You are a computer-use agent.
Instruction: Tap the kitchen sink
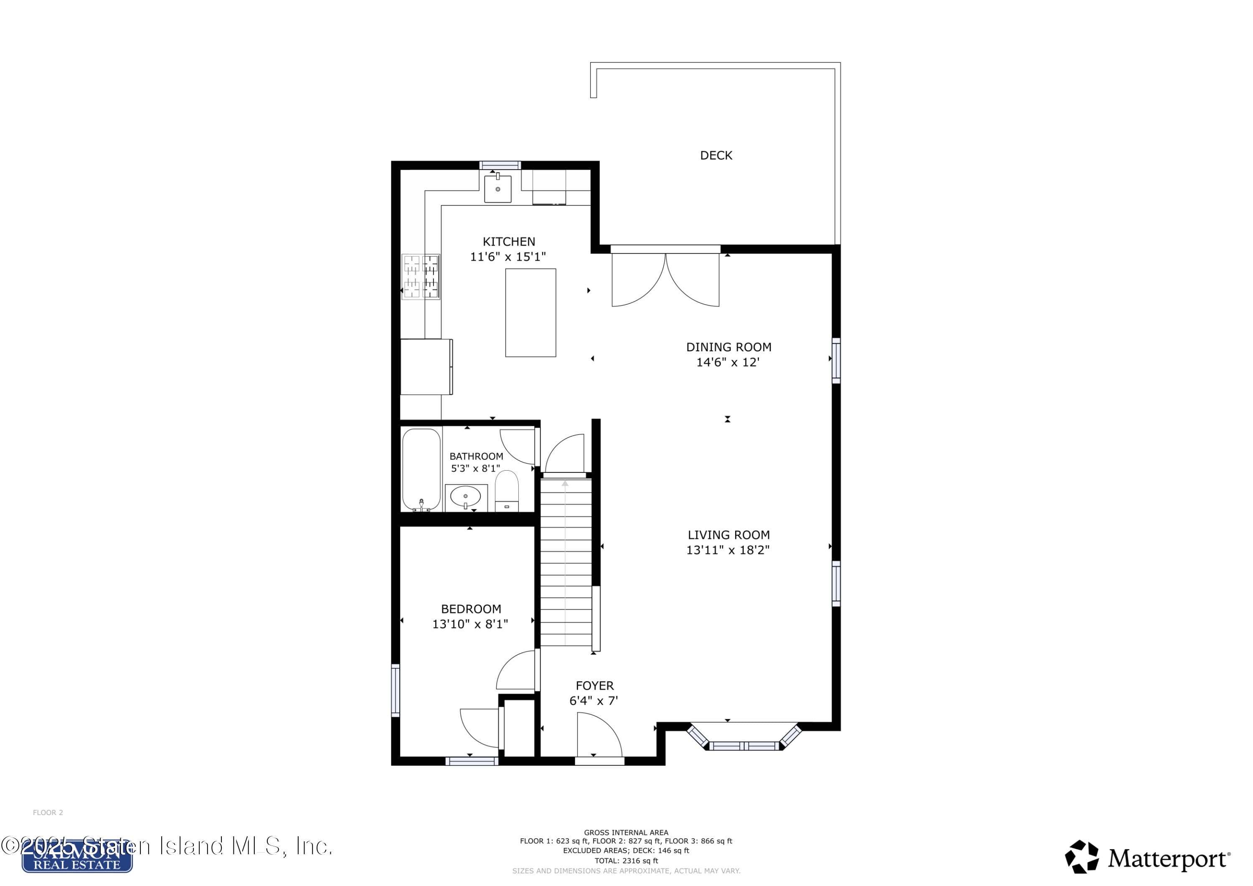click(x=498, y=189)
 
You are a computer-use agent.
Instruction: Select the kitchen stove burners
click(x=421, y=277)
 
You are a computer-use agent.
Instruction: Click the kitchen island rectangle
click(x=530, y=313)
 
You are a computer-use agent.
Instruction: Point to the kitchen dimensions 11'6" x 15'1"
click(x=508, y=256)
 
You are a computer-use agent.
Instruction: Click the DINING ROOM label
click(x=728, y=347)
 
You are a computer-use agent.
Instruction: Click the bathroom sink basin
click(x=466, y=496)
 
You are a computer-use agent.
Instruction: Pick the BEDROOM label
click(x=471, y=609)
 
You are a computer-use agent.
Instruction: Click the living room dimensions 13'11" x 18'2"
click(x=728, y=550)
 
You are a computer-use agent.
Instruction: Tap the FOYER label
click(x=595, y=685)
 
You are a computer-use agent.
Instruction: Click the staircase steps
click(x=566, y=562)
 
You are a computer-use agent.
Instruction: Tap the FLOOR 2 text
click(x=48, y=812)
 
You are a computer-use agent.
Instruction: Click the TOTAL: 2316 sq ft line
click(x=626, y=861)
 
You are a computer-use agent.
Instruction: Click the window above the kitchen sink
click(x=500, y=165)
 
